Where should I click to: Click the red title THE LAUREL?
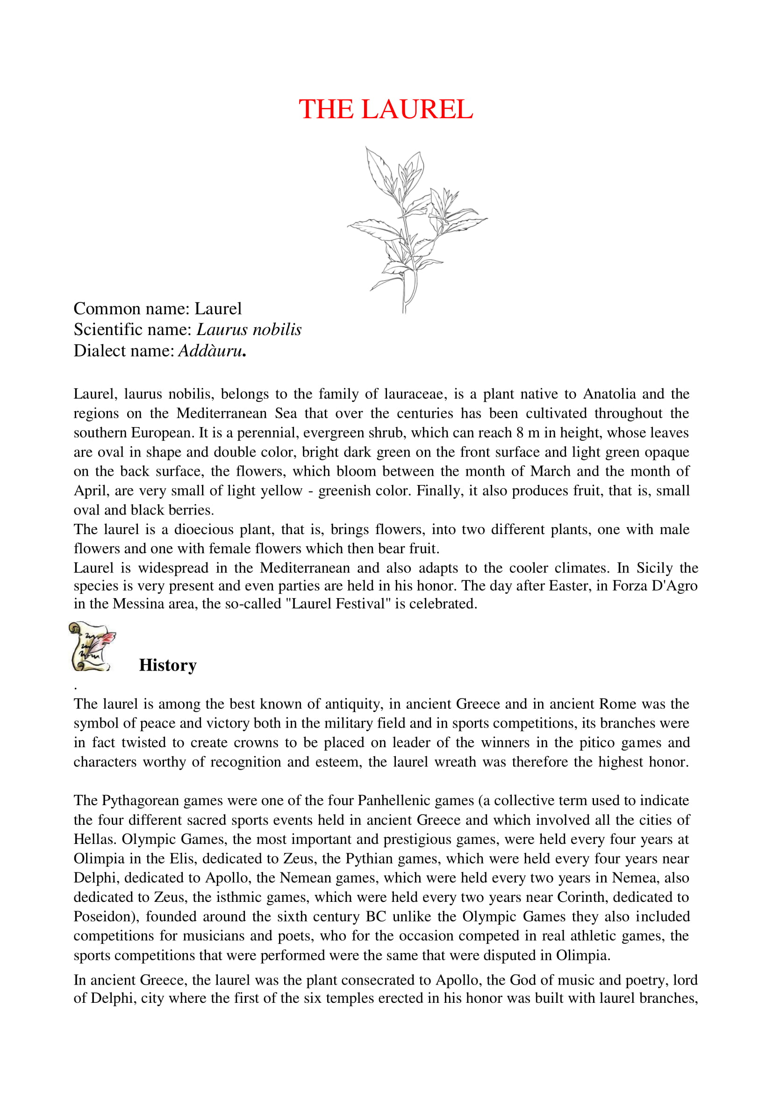pyautogui.click(x=386, y=109)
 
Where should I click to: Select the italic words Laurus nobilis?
pyautogui.click(x=249, y=329)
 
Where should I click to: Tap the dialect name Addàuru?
pyautogui.click(x=210, y=351)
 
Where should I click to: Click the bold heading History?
pyautogui.click(x=168, y=665)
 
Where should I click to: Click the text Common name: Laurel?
pyautogui.click(x=157, y=308)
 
